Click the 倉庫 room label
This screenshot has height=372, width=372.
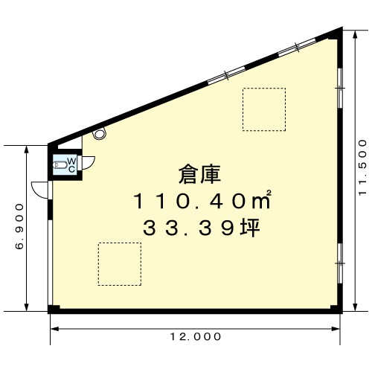tap(199, 175)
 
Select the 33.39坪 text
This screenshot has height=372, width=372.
tap(202, 228)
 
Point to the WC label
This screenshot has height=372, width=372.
tap(71, 165)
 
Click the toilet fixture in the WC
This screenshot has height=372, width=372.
tap(60, 164)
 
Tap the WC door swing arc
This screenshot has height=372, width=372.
tap(89, 163)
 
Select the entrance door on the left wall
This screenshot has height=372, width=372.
tap(42, 190)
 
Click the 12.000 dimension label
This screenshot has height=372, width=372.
tap(196, 336)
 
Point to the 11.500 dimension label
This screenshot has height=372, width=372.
tap(362, 168)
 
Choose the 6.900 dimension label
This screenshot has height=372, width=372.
tap(19, 227)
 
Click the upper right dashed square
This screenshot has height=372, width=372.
tap(264, 109)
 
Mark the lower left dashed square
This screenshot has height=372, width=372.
tap(120, 264)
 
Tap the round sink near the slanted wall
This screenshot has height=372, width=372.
tap(100, 133)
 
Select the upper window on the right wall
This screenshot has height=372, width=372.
tap(340, 88)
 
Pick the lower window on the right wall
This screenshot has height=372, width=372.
tap(340, 263)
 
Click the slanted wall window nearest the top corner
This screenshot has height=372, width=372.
tap(297, 47)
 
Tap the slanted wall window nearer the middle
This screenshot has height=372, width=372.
tap(226, 75)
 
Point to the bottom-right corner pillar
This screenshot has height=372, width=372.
tap(337, 309)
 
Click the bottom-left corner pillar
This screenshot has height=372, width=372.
tap(54, 309)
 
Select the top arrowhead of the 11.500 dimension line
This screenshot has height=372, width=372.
tap(355, 35)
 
